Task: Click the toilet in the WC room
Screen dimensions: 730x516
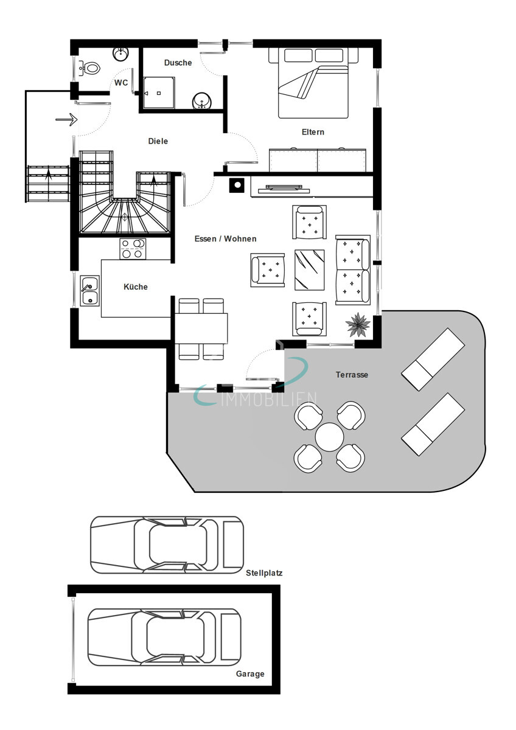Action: [90, 68]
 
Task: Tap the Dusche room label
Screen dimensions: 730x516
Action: [178, 63]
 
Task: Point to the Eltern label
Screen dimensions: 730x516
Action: [313, 132]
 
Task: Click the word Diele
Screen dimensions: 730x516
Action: [158, 141]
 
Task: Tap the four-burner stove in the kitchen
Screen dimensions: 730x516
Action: [132, 248]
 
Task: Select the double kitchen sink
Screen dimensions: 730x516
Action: [89, 291]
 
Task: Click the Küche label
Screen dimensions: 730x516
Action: [135, 287]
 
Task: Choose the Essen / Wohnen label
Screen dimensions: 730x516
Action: [225, 238]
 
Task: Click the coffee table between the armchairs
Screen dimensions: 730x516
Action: [309, 269]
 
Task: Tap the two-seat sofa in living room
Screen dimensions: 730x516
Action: [352, 269]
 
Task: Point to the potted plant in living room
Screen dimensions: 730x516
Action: [358, 324]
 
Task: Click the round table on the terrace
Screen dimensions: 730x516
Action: [329, 437]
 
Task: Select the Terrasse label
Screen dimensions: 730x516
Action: [352, 375]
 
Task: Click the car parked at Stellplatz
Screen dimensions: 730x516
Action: [166, 544]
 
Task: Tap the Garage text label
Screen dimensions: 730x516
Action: [250, 674]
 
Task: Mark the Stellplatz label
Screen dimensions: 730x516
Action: [264, 573]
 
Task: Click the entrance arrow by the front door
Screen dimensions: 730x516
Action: [66, 119]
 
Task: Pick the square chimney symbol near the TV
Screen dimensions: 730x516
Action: [236, 185]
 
